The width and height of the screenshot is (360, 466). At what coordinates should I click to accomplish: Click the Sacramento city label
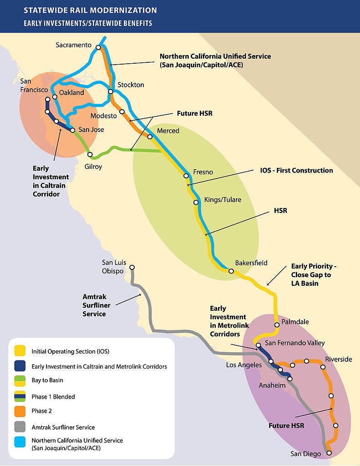(x=74, y=45)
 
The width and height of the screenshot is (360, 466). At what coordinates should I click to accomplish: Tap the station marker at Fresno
(x=186, y=176)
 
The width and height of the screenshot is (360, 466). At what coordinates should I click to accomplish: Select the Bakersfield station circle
(x=231, y=271)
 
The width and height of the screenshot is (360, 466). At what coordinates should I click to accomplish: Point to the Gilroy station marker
(x=90, y=155)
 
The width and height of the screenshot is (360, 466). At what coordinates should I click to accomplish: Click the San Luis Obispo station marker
(x=132, y=268)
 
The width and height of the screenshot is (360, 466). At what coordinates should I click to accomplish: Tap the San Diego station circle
(x=329, y=453)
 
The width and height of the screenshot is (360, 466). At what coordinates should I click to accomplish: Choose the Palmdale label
(x=295, y=322)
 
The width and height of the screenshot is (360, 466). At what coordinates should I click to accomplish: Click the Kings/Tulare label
(x=223, y=200)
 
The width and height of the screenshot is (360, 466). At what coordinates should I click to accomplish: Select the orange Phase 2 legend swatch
(x=20, y=411)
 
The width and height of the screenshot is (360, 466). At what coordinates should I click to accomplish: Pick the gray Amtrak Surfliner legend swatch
(x=20, y=427)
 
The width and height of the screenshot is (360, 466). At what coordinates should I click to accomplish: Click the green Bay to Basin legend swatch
(x=20, y=380)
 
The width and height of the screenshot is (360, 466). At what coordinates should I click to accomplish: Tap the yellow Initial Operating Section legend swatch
(x=20, y=351)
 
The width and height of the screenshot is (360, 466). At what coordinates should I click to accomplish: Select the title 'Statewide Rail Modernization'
(x=90, y=10)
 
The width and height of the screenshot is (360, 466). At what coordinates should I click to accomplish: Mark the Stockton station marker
(x=111, y=91)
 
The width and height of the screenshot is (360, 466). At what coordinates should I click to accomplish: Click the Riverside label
(x=339, y=359)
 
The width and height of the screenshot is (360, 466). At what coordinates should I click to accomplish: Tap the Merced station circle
(x=149, y=137)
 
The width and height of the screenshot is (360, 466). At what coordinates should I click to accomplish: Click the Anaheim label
(x=272, y=385)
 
